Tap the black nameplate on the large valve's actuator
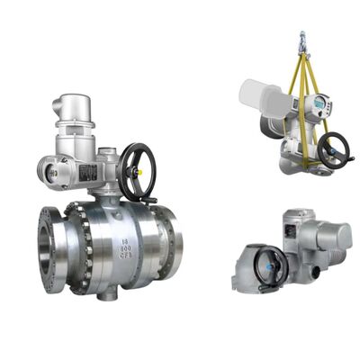89,171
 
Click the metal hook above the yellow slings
304,40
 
